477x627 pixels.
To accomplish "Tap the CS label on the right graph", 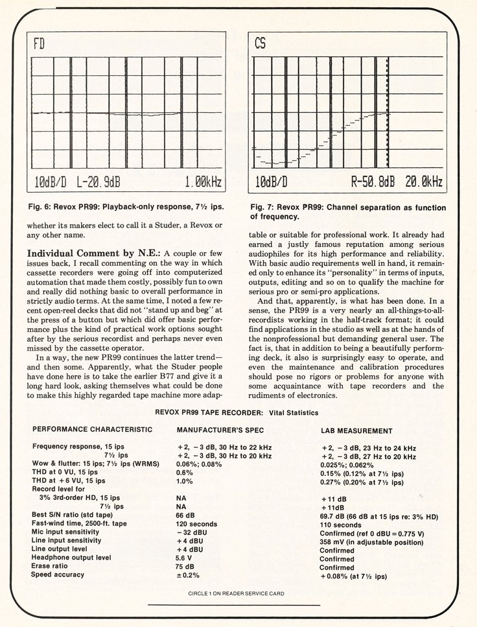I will pos(260,44).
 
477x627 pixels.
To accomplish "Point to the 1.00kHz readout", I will pos(204,182).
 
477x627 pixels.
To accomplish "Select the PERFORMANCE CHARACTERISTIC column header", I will pos(93,429).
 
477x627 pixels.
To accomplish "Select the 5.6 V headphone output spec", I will pos(184,558).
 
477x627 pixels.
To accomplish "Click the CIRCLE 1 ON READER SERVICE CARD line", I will pos(236,593).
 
